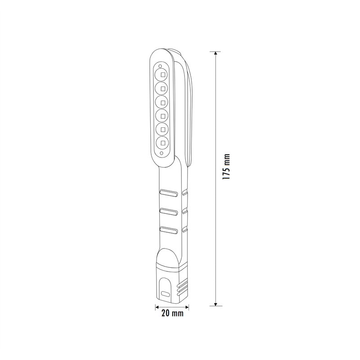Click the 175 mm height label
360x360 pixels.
point(226,166)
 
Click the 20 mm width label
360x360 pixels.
point(172,313)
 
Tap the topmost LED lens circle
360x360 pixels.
point(161,74)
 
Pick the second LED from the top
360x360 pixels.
point(162,88)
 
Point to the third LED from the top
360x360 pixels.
point(162,102)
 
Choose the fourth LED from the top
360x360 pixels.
point(162,116)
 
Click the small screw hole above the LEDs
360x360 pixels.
point(160,66)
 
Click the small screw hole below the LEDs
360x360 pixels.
point(162,153)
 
